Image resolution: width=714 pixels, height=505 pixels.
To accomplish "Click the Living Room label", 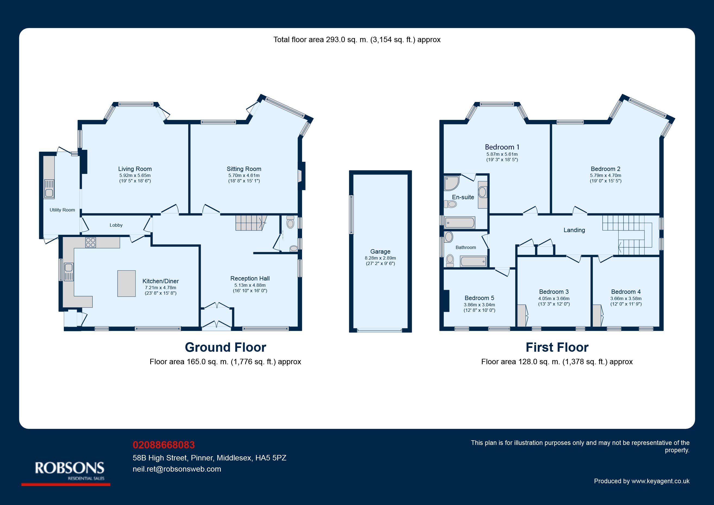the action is [135, 169].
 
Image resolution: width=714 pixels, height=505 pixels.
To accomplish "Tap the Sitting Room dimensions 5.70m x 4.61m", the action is [244, 176].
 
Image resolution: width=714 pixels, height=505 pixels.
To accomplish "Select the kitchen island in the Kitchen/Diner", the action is [127, 283].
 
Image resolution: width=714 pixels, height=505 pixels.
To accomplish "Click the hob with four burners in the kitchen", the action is [90, 242].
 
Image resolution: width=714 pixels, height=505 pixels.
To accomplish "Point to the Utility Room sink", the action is [49, 189].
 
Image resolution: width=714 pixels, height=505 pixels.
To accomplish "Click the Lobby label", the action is [116, 225].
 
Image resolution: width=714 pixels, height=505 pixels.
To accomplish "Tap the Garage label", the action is [380, 251].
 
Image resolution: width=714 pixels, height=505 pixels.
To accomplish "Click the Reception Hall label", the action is [250, 279].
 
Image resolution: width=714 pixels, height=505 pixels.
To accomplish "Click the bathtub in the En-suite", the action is [460, 223].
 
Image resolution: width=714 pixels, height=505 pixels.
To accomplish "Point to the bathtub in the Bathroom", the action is [473, 261].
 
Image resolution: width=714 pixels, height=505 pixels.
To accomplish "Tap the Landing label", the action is [574, 230].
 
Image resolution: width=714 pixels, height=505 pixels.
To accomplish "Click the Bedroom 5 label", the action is [479, 298].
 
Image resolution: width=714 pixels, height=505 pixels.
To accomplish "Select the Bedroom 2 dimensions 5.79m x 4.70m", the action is [605, 176].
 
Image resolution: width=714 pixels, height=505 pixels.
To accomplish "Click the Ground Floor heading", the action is [225, 347].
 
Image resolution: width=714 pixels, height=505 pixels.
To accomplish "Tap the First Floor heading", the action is [557, 347].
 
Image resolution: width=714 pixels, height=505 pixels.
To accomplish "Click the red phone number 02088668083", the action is [164, 445].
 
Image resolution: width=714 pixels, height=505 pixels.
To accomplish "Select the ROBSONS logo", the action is [69, 470].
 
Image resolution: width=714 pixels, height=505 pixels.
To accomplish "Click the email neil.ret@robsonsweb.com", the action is [177, 469].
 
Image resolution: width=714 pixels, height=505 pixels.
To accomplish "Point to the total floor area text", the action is [357, 39].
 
